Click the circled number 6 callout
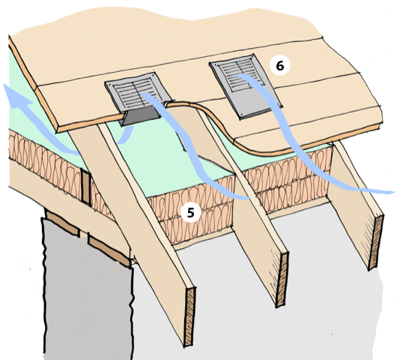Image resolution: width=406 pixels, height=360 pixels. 280,66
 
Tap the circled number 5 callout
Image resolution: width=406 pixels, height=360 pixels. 190,212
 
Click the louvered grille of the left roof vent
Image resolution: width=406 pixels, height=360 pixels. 136,92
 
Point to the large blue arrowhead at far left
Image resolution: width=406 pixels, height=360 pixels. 15,96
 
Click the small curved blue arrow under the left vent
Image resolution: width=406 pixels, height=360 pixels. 127,135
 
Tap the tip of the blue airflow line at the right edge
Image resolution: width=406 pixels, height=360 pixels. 395,192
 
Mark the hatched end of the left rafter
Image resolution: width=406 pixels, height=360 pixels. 190,316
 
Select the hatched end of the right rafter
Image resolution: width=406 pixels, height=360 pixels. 376,242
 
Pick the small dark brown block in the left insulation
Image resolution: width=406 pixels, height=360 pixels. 85,186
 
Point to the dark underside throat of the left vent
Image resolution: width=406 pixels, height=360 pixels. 141,116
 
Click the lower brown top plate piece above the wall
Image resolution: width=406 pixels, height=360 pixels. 109,250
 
